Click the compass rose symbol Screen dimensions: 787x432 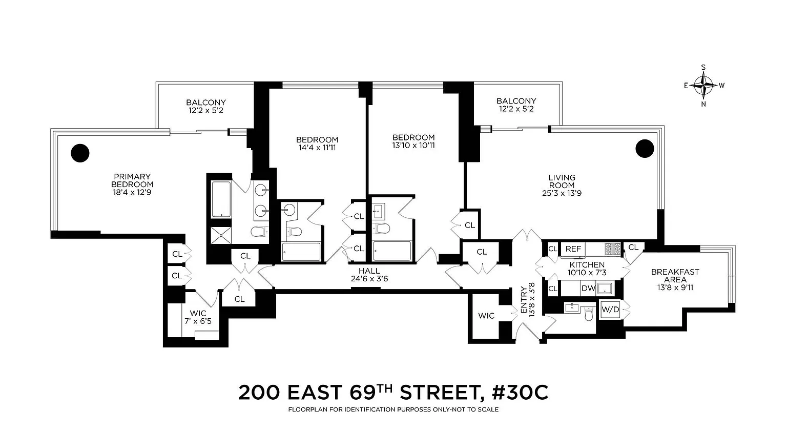pyautogui.click(x=703, y=86)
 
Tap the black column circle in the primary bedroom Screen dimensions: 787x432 pyautogui.click(x=80, y=153)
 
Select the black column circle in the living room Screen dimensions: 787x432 pyautogui.click(x=645, y=148)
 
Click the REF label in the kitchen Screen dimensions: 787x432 pyautogui.click(x=573, y=249)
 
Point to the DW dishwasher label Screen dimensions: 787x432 pyautogui.click(x=589, y=289)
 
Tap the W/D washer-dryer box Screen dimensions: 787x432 pyautogui.click(x=610, y=310)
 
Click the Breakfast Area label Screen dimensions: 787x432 pyautogui.click(x=675, y=276)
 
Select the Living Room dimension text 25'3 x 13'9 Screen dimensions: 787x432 pyautogui.click(x=562, y=193)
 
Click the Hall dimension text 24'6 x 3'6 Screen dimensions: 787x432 pyautogui.click(x=369, y=279)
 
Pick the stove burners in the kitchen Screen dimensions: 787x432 pyautogui.click(x=613, y=249)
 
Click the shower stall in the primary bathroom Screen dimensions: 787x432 pyautogui.click(x=221, y=235)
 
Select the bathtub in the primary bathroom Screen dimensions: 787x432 pyautogui.click(x=221, y=199)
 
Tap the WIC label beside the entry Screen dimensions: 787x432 pyautogui.click(x=486, y=316)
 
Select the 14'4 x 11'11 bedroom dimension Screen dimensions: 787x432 pyautogui.click(x=317, y=148)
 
